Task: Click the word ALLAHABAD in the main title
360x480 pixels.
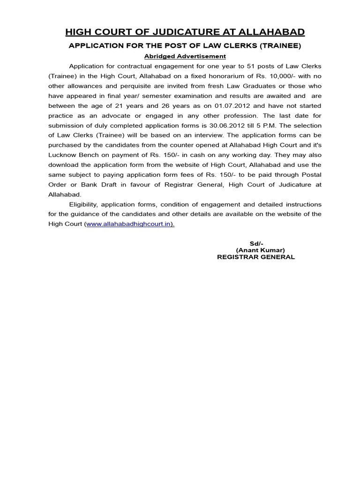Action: [271, 32]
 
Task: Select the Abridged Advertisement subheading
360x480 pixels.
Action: [185, 56]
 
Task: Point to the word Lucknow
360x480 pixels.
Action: [63, 155]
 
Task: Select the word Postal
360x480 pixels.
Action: [310, 174]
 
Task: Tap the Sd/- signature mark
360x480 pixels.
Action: [256, 244]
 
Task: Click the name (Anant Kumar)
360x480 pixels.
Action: [260, 250]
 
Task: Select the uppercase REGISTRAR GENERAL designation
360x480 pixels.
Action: [256, 257]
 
